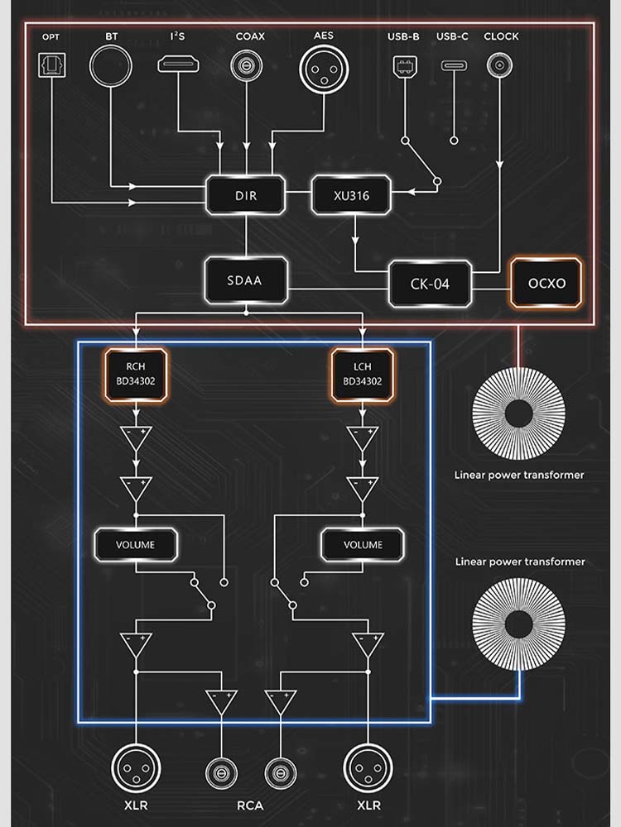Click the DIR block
[x=245, y=195]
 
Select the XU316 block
[x=352, y=195]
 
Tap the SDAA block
[x=245, y=280]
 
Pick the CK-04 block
[x=430, y=284]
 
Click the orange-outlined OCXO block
[x=546, y=283]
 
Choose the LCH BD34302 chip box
[x=363, y=375]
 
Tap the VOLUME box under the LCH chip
[x=363, y=544]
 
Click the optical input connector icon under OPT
[x=51, y=65]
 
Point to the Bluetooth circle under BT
[x=112, y=65]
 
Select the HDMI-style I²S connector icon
[x=176, y=65]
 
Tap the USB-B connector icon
[x=405, y=66]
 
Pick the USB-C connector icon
[x=453, y=66]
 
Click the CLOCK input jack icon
[x=499, y=65]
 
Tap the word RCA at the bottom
[x=250, y=805]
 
